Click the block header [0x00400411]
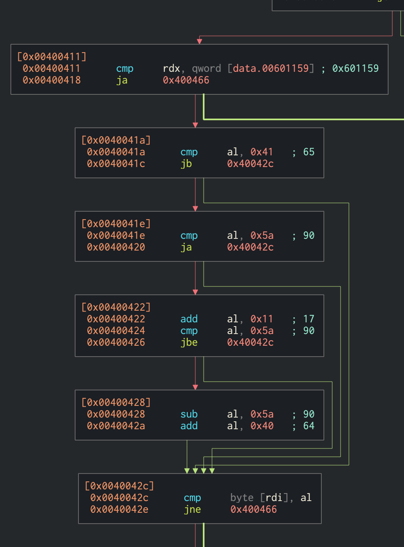point(51,56)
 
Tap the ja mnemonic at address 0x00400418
point(122,80)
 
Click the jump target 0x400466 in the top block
point(186,80)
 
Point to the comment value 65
point(309,152)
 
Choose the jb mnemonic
point(186,163)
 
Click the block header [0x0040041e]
point(116,223)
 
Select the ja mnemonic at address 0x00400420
point(186,247)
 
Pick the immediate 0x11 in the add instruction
point(262,319)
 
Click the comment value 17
point(309,319)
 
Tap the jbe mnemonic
point(189,342)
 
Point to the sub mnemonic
point(189,414)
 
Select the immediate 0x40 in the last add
point(262,425)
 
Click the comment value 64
point(309,425)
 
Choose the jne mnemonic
point(192,509)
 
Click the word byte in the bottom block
point(242,497)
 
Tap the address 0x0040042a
point(116,425)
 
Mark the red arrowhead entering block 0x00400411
point(199,41)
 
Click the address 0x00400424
point(116,330)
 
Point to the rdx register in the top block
point(171,68)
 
